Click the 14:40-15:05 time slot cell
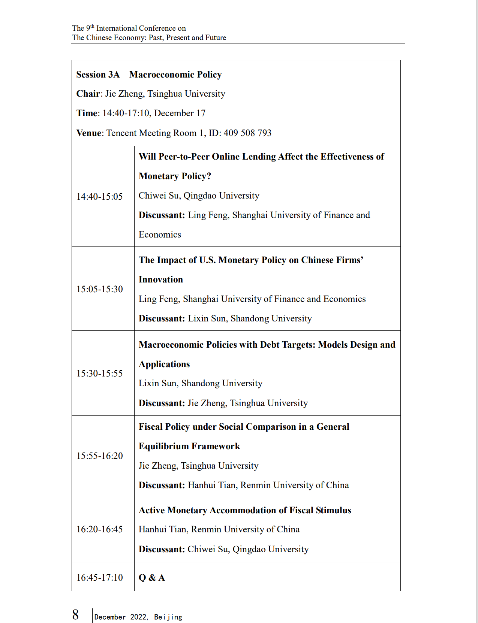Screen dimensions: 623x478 99,197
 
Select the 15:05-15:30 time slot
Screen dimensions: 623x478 99,289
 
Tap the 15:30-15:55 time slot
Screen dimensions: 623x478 99,374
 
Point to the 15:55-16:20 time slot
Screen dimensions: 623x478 99,456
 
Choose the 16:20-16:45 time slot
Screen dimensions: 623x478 99,529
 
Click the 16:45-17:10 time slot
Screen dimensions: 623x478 99,578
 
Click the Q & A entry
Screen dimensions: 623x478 152,578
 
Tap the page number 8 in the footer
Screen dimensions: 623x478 76,615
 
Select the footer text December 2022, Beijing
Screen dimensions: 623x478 138,617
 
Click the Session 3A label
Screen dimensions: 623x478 98,75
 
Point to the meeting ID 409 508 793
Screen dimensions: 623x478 247,133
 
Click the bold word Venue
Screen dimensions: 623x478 89,133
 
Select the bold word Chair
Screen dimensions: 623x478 88,94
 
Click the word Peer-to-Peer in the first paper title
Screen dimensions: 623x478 184,157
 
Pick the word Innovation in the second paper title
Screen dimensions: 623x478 161,279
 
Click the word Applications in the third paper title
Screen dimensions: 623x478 164,364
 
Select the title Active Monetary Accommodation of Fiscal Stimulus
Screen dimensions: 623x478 245,510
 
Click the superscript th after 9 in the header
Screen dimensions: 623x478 92,26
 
